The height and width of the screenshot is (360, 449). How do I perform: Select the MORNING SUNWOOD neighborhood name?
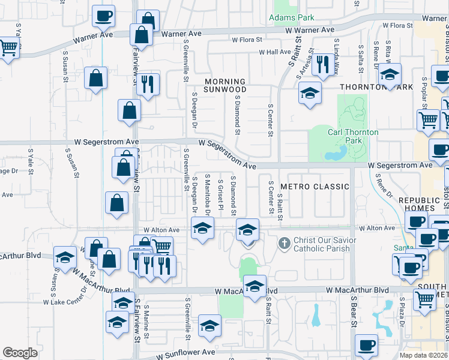(225, 85)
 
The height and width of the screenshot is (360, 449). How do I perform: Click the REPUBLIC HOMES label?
(420, 205)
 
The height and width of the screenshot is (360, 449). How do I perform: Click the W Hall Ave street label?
(274, 52)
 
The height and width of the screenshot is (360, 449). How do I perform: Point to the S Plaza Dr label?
(402, 311)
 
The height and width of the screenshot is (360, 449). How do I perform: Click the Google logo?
(20, 353)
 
